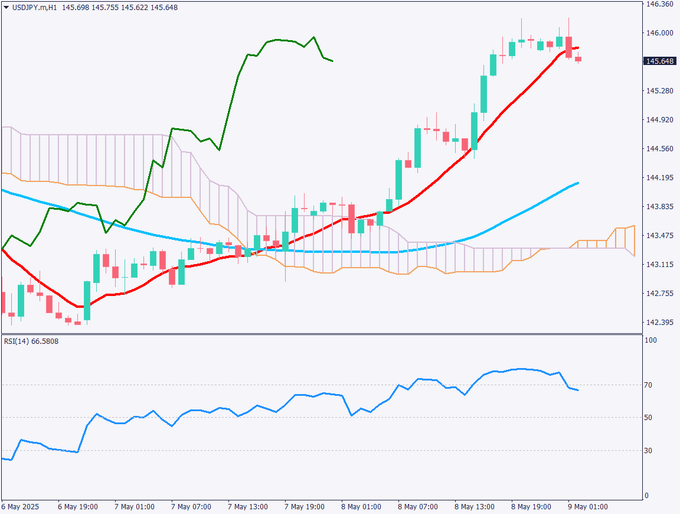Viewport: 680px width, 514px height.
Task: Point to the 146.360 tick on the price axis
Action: pos(660,4)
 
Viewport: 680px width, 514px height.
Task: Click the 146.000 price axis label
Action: pos(660,33)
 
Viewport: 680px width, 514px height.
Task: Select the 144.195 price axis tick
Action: pos(660,178)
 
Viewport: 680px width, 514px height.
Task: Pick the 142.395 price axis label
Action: pos(660,323)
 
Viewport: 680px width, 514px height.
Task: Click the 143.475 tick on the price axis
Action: pos(660,236)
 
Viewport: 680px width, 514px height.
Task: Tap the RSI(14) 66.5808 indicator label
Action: pos(31,341)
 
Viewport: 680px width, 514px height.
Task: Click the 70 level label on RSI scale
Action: pos(648,385)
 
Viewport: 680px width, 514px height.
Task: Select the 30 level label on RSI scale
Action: pos(648,451)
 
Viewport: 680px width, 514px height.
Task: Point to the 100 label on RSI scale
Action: pos(650,341)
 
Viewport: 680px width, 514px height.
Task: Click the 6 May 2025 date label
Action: pos(20,507)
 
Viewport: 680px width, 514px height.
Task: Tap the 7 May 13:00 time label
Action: pos(248,507)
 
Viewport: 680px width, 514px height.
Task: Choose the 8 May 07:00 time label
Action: pos(418,507)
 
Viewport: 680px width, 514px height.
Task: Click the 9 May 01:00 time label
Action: pos(587,507)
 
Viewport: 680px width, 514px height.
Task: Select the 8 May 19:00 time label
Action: pos(531,507)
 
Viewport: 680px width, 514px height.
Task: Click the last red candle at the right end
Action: pos(578,59)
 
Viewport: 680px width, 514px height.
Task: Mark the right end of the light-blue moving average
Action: pos(578,183)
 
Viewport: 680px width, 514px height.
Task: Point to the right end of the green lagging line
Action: pos(332,61)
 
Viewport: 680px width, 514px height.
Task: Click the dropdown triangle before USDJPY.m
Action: pos(6,7)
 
